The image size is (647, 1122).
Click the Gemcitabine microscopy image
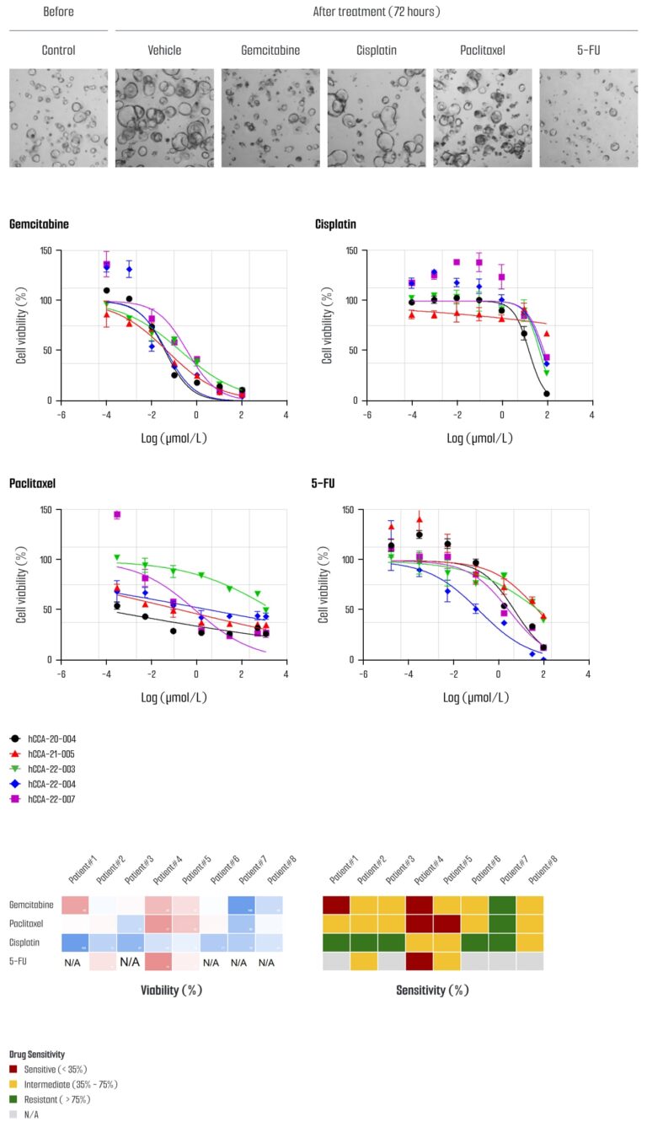click(270, 118)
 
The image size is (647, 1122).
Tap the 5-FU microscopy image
click(588, 118)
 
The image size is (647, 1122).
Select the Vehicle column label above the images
click(164, 51)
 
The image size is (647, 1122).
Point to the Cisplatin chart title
click(335, 225)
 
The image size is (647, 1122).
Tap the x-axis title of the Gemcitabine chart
click(174, 439)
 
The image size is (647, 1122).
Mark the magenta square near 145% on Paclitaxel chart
click(117, 514)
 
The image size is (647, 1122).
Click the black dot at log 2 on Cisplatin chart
click(547, 394)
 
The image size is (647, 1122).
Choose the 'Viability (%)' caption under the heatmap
click(171, 990)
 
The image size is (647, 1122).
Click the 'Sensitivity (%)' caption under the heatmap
click(432, 990)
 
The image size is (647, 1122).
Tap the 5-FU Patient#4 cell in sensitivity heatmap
click(419, 960)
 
